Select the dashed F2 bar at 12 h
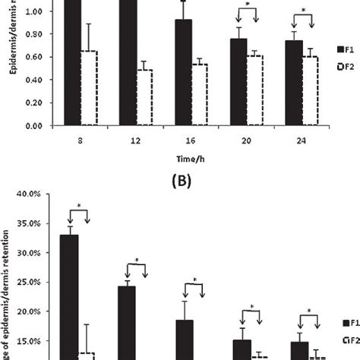[x=141, y=97]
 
